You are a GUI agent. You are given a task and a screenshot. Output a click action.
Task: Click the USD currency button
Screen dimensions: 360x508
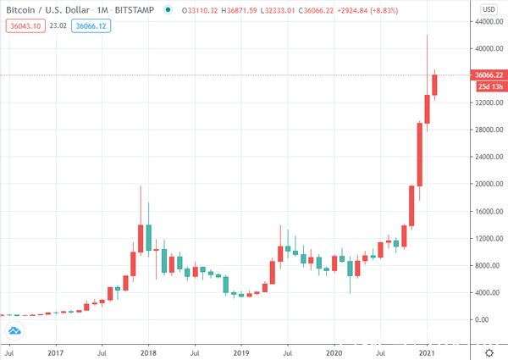pos(489,10)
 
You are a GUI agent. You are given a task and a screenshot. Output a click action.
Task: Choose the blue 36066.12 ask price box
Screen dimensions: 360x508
pos(92,26)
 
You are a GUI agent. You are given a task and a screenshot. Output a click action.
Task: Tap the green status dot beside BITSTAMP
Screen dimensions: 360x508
pos(169,10)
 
